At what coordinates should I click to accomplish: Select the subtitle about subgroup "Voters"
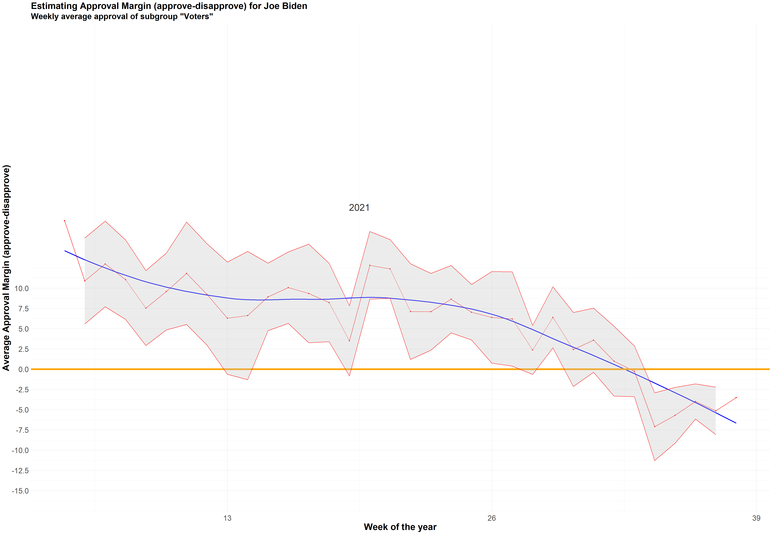[x=122, y=16]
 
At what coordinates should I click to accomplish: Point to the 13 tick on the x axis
[x=227, y=518]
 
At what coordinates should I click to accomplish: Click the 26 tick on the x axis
[x=491, y=518]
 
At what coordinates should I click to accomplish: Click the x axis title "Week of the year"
[x=400, y=527]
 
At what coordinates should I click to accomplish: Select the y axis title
[x=6, y=268]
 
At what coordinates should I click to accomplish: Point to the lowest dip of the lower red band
[x=654, y=460]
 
